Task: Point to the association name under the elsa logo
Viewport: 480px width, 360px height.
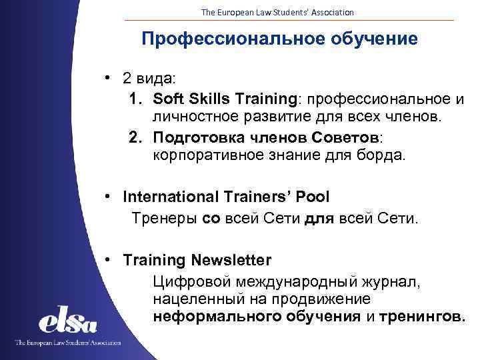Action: tap(68, 343)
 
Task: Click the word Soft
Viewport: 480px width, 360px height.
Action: tap(167, 99)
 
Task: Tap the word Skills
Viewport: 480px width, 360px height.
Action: tap(206, 99)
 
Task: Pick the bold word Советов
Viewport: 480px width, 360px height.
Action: tap(344, 137)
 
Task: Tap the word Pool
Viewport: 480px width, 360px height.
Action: tap(313, 197)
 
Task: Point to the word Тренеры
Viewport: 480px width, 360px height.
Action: tap(165, 217)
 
